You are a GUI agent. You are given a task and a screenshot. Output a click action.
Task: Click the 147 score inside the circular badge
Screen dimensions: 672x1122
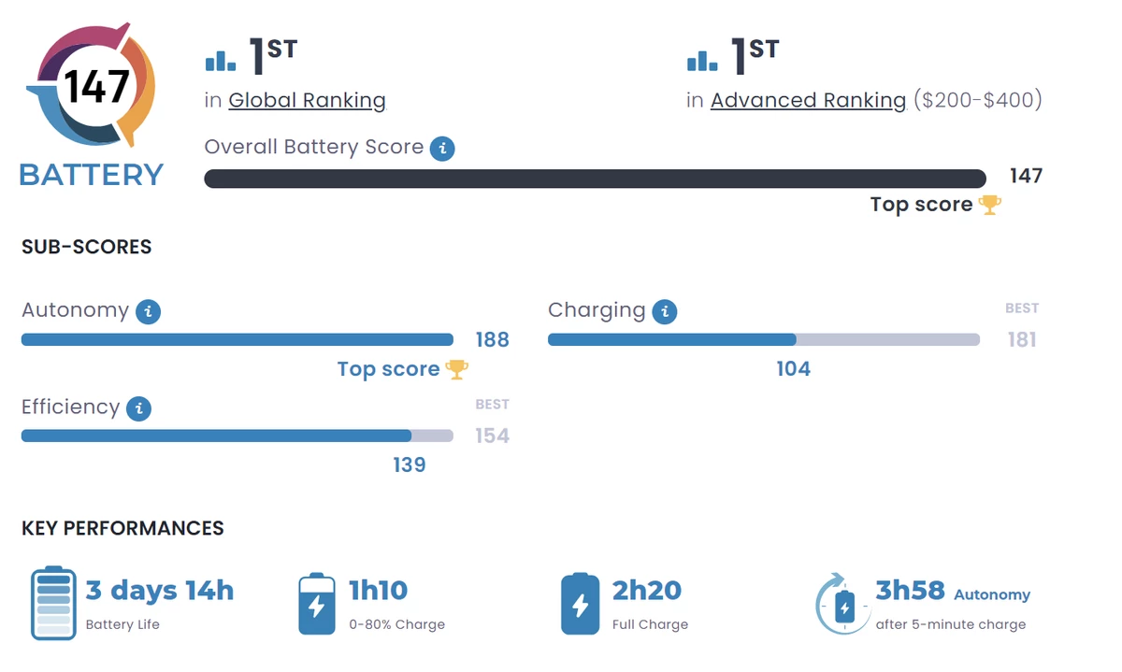97,87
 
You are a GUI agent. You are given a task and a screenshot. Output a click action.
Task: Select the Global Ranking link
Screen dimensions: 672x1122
307,100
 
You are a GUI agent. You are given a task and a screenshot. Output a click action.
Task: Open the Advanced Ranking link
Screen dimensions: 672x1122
808,100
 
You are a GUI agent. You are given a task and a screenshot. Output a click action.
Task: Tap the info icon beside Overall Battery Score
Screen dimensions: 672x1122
442,149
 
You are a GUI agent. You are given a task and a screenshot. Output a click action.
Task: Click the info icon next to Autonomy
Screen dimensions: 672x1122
148,312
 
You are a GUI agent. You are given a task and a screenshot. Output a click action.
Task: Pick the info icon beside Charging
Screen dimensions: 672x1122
665,312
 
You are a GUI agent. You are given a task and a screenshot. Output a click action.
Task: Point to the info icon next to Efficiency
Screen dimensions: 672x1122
138,408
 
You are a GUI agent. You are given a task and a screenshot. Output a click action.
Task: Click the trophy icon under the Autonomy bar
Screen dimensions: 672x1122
457,369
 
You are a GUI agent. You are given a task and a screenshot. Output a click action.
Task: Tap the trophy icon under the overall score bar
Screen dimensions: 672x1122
989,205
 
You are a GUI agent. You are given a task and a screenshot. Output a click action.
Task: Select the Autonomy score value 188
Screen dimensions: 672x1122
492,339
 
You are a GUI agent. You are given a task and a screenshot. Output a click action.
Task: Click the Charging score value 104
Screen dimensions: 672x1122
793,369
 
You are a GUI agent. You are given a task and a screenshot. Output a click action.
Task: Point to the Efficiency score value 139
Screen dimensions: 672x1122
410,465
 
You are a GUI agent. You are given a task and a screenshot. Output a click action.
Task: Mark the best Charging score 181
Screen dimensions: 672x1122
1022,339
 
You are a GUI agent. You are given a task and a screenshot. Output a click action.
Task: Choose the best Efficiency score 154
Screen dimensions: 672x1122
492,436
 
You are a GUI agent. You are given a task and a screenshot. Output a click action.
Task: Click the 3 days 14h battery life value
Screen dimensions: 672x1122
160,591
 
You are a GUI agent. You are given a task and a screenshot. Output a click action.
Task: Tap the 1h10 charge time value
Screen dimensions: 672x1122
378,591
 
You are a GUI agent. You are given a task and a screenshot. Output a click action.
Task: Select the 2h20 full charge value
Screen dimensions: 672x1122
647,591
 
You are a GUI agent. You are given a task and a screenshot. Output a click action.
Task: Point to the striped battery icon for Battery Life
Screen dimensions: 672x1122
53,603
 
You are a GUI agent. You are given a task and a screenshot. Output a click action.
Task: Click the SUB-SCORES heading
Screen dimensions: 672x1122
87,248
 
